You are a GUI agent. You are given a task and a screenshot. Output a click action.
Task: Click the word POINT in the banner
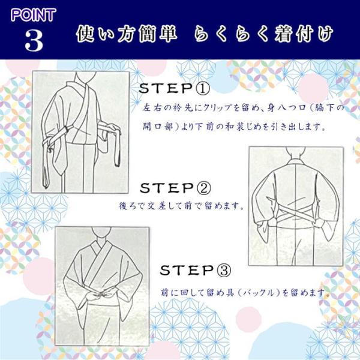coord(33,15)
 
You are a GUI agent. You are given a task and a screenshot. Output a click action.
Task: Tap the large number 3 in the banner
coord(34,41)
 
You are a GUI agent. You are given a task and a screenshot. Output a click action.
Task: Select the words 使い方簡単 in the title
coord(127,34)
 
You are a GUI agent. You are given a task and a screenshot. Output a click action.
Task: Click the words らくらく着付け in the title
coord(263,34)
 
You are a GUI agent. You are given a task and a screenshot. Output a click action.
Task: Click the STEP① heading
coord(175,88)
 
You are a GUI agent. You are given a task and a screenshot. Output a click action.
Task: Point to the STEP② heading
coord(175,188)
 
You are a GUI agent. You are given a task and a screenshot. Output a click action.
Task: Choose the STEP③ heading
coord(196,270)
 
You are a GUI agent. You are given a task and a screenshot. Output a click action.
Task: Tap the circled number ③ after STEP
coord(223,271)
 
